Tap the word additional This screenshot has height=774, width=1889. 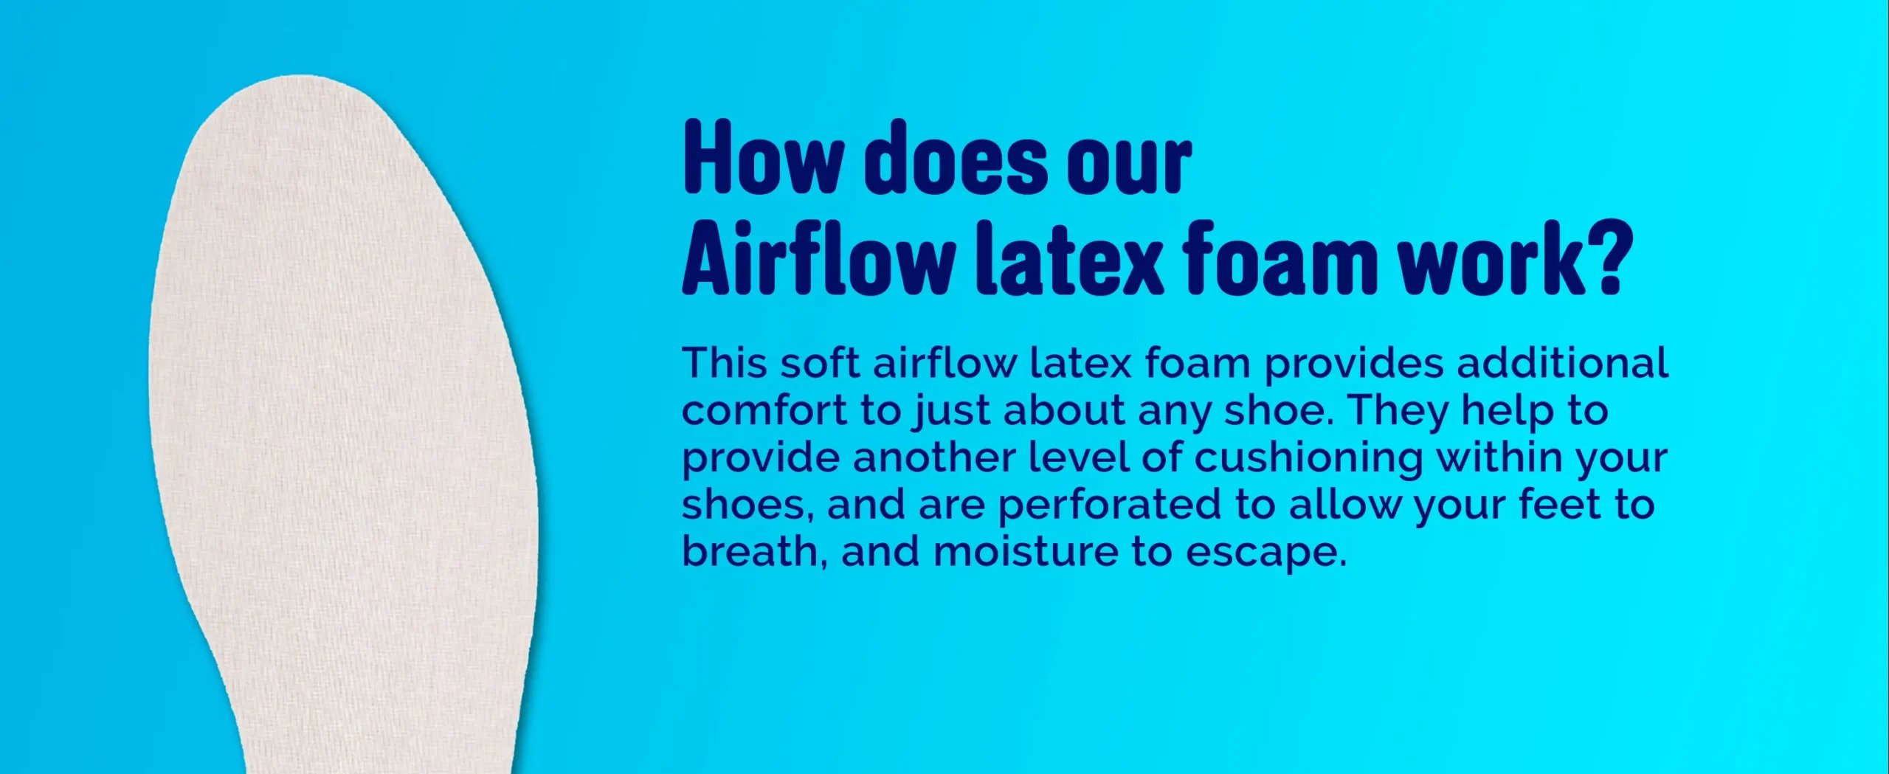tap(1563, 363)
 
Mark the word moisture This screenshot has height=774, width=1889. tap(1026, 552)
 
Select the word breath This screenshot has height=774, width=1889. tap(749, 552)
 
